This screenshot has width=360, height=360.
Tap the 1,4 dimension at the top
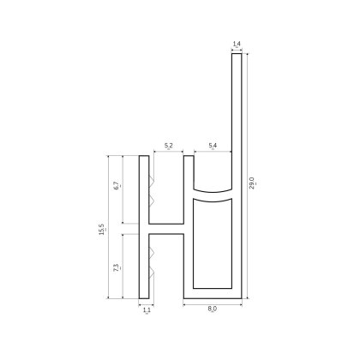(x=237, y=42)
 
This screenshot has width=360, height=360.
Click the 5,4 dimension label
(x=212, y=147)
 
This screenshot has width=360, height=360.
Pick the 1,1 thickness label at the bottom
(x=144, y=314)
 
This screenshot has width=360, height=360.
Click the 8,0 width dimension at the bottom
(x=212, y=314)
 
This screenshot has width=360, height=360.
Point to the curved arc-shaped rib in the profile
(x=212, y=194)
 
